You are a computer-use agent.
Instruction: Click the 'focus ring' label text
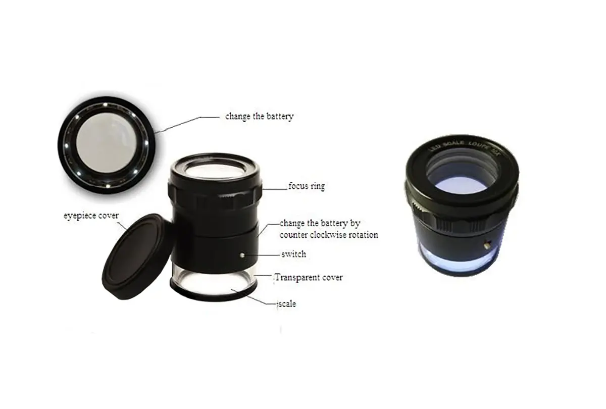307,186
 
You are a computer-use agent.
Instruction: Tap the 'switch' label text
294,254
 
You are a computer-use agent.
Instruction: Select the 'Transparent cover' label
309,278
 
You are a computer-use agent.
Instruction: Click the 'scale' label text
287,304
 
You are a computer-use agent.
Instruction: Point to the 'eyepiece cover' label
91,216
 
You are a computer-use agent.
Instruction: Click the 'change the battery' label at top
260,116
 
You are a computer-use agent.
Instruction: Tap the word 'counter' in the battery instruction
293,235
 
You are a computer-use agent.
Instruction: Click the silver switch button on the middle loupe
242,255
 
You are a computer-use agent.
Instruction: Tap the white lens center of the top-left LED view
107,143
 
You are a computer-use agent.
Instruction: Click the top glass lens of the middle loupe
215,169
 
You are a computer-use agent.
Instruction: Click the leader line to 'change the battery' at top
188,124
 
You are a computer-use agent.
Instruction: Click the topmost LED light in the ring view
105,105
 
